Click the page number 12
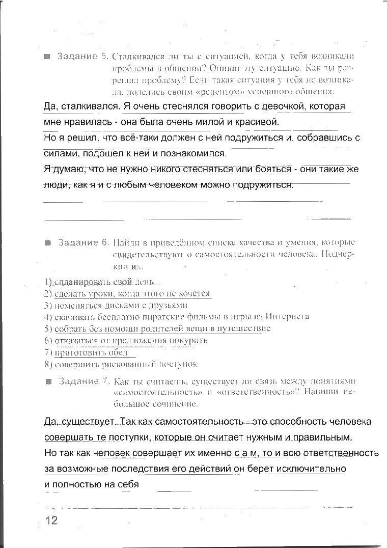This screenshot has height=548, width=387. coord(51,520)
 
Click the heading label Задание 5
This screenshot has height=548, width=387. coord(82,56)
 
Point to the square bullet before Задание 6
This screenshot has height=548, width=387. coord(48,242)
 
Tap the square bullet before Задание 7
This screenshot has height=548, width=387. coord(48,381)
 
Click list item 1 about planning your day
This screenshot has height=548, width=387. coord(102,282)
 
